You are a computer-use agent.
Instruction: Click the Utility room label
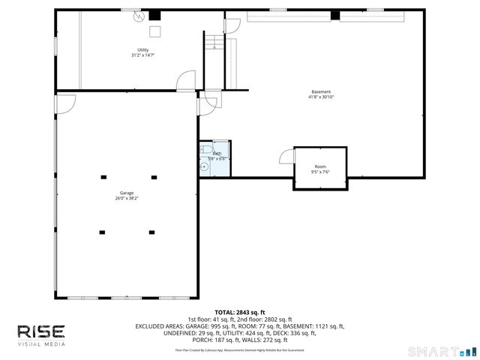click(x=142, y=50)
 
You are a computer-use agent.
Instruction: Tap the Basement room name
click(x=321, y=91)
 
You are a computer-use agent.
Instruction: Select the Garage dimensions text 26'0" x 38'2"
click(x=126, y=199)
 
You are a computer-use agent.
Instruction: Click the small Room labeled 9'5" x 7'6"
click(x=320, y=166)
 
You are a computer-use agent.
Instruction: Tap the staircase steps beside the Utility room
click(x=214, y=40)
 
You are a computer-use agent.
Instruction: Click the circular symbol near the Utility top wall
click(x=138, y=20)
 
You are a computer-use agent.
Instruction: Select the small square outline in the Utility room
click(x=157, y=31)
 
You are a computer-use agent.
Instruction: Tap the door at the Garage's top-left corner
click(x=65, y=103)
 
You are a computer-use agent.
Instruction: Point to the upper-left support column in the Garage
click(x=103, y=178)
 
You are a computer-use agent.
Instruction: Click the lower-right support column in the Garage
click(x=151, y=232)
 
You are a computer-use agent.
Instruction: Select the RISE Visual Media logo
click(x=41, y=334)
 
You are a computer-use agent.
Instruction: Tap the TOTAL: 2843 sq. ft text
click(x=240, y=312)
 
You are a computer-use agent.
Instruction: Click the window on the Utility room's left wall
click(x=56, y=46)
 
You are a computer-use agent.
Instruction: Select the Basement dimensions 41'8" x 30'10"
click(x=321, y=97)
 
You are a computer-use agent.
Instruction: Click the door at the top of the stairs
click(x=232, y=25)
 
